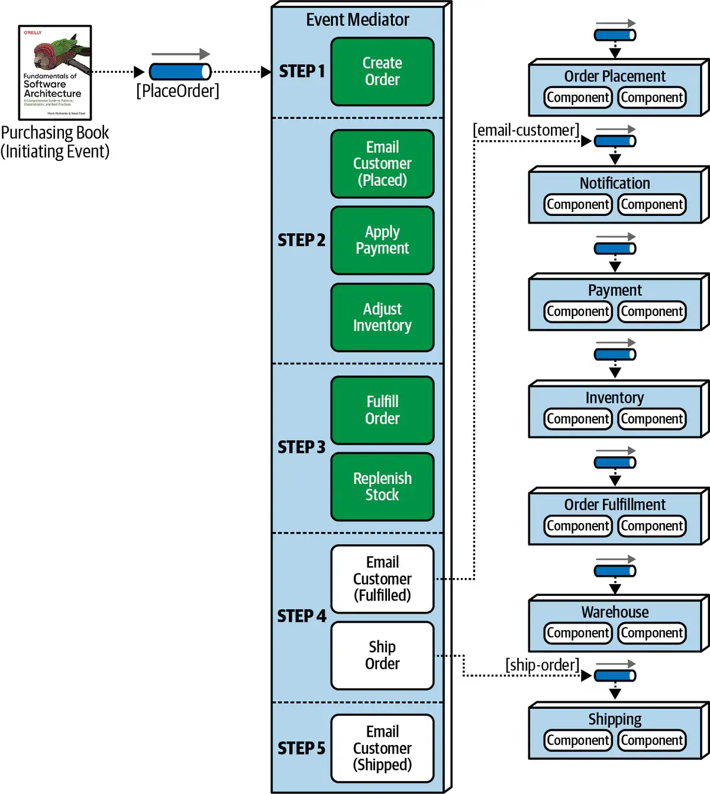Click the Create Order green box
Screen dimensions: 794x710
382,72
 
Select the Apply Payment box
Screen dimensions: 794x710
382,240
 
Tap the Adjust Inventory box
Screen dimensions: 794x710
382,318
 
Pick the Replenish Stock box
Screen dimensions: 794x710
382,487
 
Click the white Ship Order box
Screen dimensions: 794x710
382,656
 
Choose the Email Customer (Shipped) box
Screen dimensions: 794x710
382,748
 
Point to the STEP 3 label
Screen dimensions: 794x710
302,447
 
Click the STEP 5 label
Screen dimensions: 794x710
302,748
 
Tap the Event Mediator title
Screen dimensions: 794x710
357,20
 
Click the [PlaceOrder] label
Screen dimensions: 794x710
177,91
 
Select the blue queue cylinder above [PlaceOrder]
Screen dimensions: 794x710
180,72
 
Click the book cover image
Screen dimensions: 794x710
55,72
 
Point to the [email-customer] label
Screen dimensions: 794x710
525,130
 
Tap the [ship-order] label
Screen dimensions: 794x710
542,665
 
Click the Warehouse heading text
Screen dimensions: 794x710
615,612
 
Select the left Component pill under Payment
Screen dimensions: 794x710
578,312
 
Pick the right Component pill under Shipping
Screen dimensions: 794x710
652,740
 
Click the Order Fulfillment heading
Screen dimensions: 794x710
615,505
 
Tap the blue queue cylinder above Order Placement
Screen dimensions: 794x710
615,35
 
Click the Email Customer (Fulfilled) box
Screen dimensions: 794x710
382,579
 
